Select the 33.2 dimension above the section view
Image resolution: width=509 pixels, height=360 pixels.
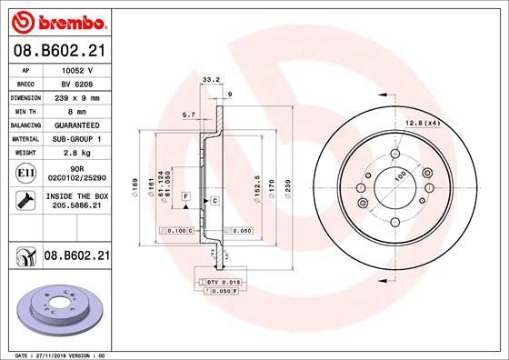coord(211,79)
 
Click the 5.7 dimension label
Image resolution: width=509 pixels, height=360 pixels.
coord(188,115)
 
